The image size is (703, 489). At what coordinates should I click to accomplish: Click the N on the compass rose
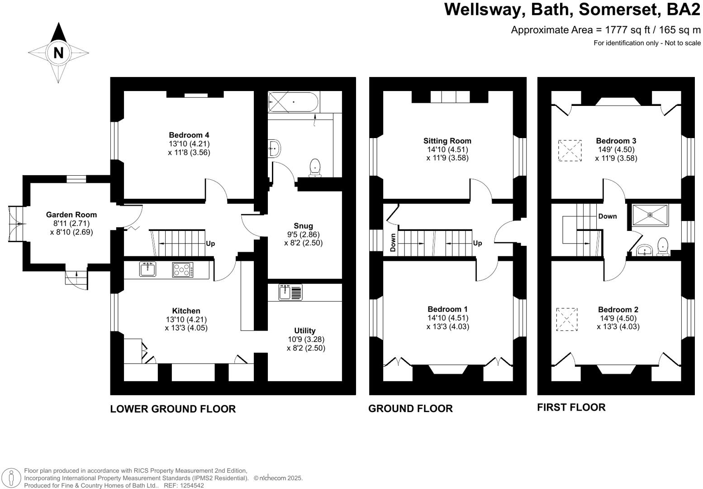tap(58, 53)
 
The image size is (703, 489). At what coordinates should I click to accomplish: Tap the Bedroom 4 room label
tap(189, 135)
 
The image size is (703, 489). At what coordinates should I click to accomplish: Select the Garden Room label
tap(71, 215)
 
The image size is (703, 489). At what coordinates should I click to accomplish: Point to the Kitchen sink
tap(148, 269)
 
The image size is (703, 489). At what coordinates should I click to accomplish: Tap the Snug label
tap(303, 226)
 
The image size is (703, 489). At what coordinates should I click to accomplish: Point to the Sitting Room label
tap(447, 141)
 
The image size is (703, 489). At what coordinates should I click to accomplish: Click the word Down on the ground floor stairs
tap(393, 242)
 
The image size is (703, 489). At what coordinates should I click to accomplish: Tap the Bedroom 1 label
tap(447, 310)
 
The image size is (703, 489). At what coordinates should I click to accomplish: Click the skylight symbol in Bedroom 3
tap(570, 150)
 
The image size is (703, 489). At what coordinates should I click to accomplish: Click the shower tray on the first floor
tap(650, 215)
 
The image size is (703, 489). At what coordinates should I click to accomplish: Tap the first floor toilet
tap(663, 246)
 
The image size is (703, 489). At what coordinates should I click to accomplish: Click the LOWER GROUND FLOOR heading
tap(173, 409)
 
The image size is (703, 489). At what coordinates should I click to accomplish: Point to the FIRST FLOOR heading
tap(571, 407)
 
